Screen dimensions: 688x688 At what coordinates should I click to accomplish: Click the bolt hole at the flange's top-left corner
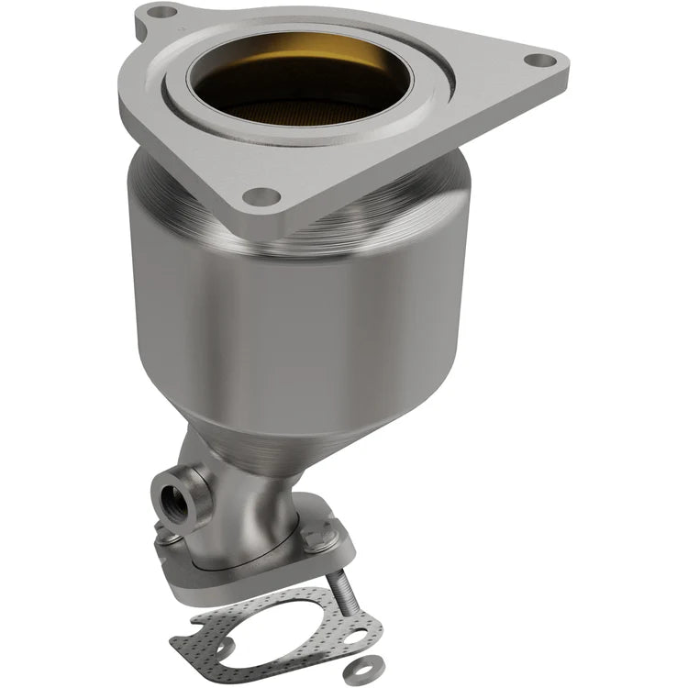click(x=161, y=13)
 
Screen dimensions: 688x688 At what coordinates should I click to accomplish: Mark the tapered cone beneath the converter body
click(x=275, y=440)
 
